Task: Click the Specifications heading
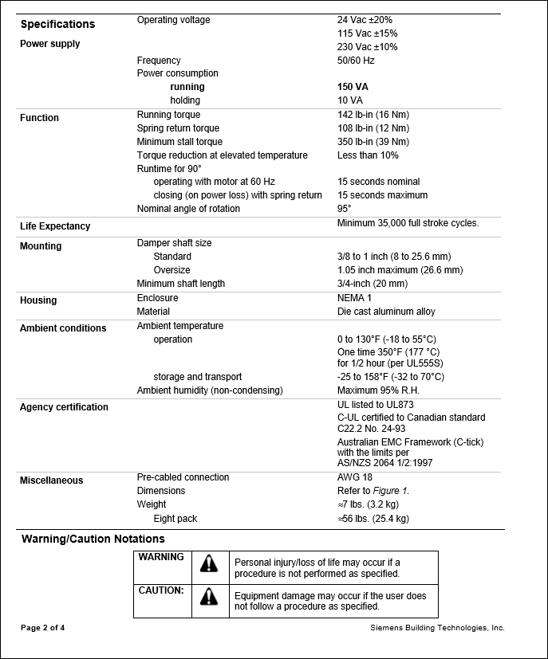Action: tap(57, 24)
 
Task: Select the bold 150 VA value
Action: tap(353, 87)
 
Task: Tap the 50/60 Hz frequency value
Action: tap(356, 61)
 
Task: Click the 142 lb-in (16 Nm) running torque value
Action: tap(373, 115)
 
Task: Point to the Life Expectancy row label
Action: tap(55, 226)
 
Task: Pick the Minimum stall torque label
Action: tap(179, 142)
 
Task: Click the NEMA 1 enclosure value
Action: tap(355, 298)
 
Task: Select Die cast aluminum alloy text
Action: tap(386, 312)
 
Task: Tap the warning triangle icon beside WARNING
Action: tap(209, 563)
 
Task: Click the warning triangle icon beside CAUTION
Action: tap(209, 596)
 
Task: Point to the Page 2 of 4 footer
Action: tap(42, 628)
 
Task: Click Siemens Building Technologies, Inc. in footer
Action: tap(437, 628)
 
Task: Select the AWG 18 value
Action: tap(354, 477)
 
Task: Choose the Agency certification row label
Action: tap(64, 407)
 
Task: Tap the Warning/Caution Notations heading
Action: tap(93, 539)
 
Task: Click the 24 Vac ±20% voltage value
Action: tap(365, 20)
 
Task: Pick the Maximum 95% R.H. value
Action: tap(378, 390)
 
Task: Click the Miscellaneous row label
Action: tap(51, 481)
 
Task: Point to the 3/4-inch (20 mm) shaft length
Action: tap(372, 284)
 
